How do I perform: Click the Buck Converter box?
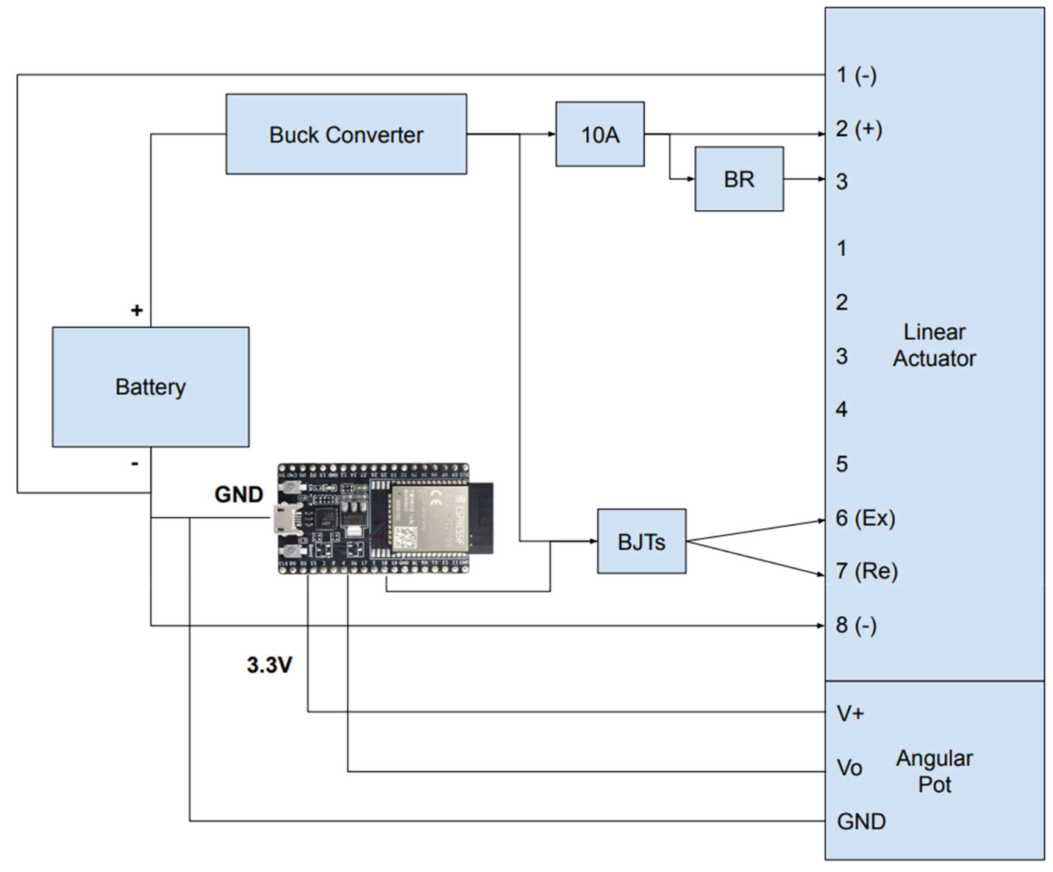(x=346, y=134)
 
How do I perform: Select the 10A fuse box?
(x=600, y=135)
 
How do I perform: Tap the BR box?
(x=739, y=179)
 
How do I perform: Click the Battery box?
(x=150, y=387)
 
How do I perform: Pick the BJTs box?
(x=641, y=542)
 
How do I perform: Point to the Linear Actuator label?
(x=934, y=345)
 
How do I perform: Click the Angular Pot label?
(x=934, y=771)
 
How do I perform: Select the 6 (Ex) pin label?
(x=865, y=518)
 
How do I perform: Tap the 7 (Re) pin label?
(x=867, y=571)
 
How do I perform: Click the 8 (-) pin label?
(x=856, y=625)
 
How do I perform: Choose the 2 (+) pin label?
(x=859, y=129)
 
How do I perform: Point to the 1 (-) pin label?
(x=857, y=75)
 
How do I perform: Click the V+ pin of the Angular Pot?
(x=851, y=713)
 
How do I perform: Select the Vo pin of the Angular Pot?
(x=849, y=768)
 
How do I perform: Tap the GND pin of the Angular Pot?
(x=861, y=821)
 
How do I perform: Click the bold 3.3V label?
(x=269, y=665)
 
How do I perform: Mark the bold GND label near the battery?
(x=238, y=494)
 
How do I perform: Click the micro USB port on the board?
(x=282, y=519)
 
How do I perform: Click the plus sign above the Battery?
(x=137, y=310)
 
